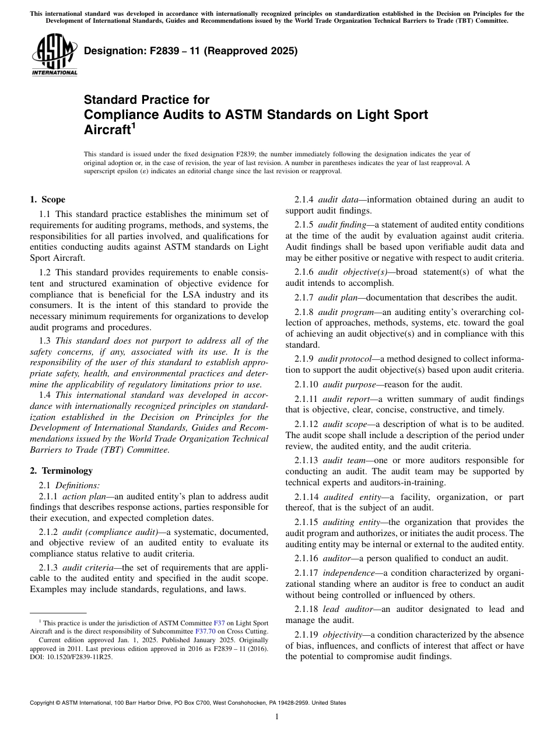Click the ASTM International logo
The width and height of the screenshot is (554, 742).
point(54,55)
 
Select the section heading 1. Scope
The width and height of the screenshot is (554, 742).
point(48,199)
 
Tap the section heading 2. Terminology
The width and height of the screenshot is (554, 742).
point(61,471)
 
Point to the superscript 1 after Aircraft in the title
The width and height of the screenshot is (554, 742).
point(133,125)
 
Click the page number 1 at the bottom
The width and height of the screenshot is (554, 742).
point(277,717)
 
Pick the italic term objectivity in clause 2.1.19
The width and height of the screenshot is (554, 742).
point(343,635)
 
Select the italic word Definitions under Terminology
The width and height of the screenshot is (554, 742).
point(78,485)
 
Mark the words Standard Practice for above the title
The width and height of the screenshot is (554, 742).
point(147,100)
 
